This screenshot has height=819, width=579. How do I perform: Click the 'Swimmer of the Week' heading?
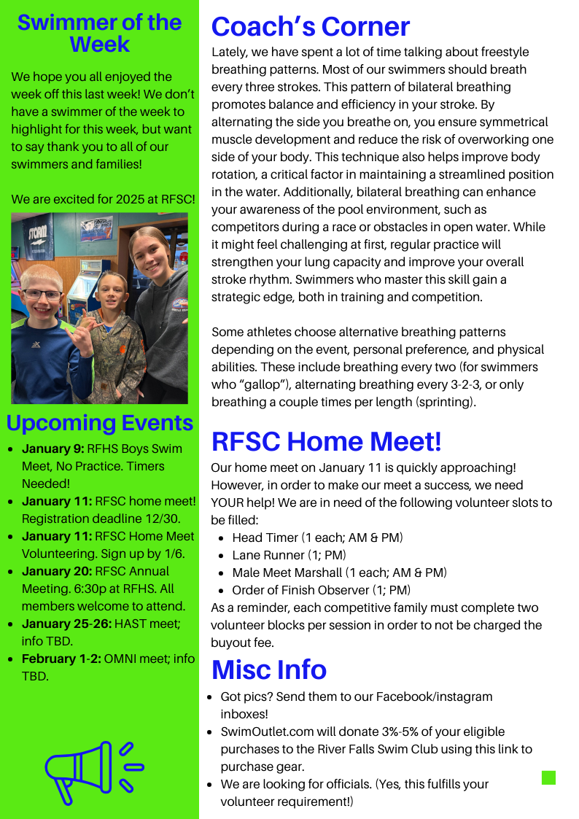point(99,33)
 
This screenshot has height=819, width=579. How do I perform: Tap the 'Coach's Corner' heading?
point(311,27)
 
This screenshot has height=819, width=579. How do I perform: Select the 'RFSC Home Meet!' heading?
point(326,441)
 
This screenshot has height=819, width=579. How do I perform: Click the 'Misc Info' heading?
point(269,669)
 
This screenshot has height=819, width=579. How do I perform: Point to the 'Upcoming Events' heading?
point(100,423)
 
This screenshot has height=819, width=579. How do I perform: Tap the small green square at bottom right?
point(548,777)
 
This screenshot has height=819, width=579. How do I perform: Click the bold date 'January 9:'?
point(53,449)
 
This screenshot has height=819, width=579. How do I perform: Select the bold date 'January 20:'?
point(57,571)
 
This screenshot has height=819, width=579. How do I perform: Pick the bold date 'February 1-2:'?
point(61,659)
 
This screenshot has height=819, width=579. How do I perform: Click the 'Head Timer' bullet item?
point(317,537)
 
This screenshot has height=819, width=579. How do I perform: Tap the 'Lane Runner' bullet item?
point(289,555)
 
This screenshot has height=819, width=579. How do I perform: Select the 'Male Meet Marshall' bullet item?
point(339,572)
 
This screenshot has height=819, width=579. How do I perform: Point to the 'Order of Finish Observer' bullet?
point(321,590)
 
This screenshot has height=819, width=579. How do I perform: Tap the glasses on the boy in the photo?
point(42,294)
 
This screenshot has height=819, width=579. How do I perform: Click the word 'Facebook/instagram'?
point(434,696)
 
